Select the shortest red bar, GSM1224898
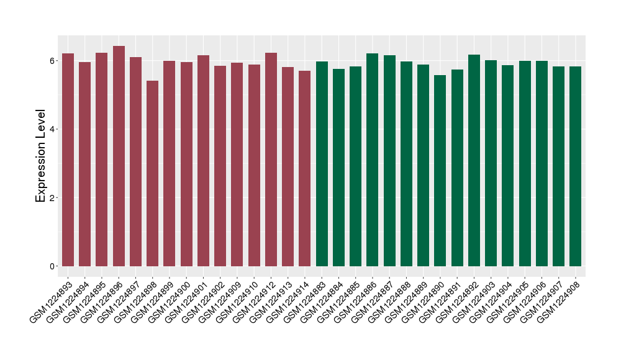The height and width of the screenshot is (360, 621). [153, 174]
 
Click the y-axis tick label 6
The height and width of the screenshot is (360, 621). [53, 61]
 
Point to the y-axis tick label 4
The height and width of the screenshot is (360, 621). [53, 129]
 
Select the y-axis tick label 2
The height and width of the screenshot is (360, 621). [53, 198]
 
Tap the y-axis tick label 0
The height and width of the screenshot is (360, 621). [53, 266]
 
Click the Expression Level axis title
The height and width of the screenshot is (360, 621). [41, 156]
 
